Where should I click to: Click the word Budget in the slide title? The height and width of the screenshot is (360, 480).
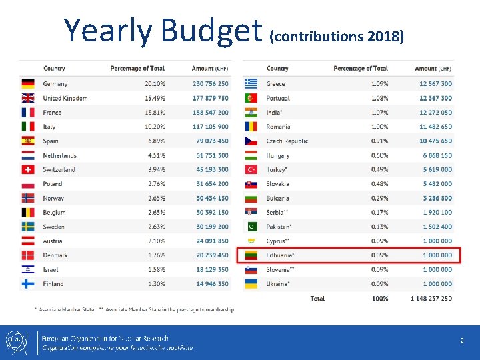click(211, 30)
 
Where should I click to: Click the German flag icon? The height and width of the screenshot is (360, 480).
click(28, 84)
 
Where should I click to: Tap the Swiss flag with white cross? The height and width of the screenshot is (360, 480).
click(28, 169)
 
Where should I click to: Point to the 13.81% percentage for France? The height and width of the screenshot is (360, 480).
click(154, 113)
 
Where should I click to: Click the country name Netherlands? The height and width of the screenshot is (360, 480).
click(60, 155)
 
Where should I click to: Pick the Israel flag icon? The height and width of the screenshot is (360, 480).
click(28, 269)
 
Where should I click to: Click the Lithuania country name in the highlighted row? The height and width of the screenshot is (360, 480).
click(280, 255)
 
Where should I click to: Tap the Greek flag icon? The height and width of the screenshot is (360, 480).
click(251, 84)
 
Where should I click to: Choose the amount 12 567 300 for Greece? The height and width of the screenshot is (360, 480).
click(435, 84)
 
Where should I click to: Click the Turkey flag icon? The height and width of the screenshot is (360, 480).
click(251, 169)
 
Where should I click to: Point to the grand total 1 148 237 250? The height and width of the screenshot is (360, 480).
click(431, 298)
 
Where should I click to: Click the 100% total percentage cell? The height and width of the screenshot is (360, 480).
click(380, 298)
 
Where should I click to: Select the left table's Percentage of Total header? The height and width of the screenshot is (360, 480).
click(137, 69)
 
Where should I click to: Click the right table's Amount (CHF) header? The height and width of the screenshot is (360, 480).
click(433, 69)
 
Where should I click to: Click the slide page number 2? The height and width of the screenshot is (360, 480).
click(461, 341)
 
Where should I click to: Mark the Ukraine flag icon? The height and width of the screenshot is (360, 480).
click(251, 284)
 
